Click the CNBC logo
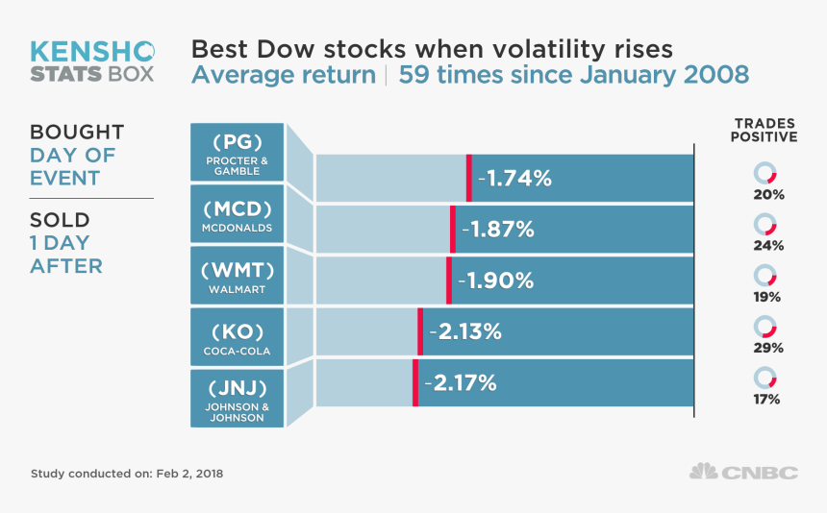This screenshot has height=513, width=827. [744, 472]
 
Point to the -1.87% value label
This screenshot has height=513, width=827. [498, 230]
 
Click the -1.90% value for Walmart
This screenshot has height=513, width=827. [495, 281]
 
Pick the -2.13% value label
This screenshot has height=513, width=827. [465, 332]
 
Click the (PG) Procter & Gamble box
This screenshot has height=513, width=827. [237, 152]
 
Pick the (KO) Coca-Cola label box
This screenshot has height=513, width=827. [237, 337]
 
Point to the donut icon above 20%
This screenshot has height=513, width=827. [765, 173]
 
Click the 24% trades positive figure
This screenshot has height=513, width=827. [768, 246]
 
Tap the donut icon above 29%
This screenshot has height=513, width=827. [765, 326]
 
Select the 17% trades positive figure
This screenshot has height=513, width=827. [767, 399]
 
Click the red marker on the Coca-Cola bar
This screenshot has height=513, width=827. [420, 331]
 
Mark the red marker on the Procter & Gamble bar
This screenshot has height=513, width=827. [469, 178]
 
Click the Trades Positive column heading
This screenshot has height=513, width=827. [765, 130]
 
